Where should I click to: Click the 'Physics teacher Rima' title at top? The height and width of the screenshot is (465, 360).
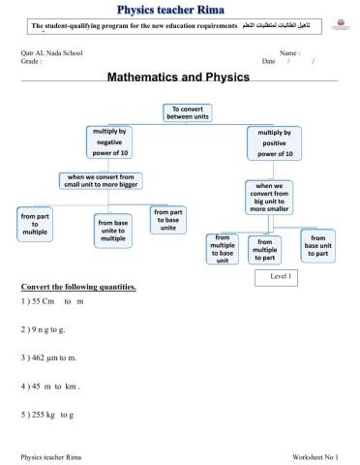tap(179, 9)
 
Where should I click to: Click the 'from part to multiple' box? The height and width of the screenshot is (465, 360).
tap(36, 225)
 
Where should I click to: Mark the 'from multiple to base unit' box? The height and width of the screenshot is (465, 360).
tap(223, 248)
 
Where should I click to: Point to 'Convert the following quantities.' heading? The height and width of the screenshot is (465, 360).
tap(78, 288)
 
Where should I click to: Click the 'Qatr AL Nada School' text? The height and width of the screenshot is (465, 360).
tap(49, 52)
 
